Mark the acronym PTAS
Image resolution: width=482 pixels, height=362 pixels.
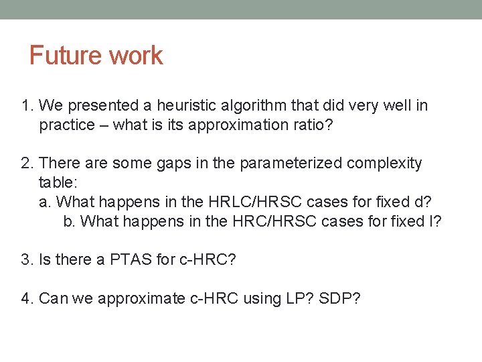click(x=127, y=259)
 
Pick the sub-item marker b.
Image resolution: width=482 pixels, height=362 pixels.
click(x=68, y=221)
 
